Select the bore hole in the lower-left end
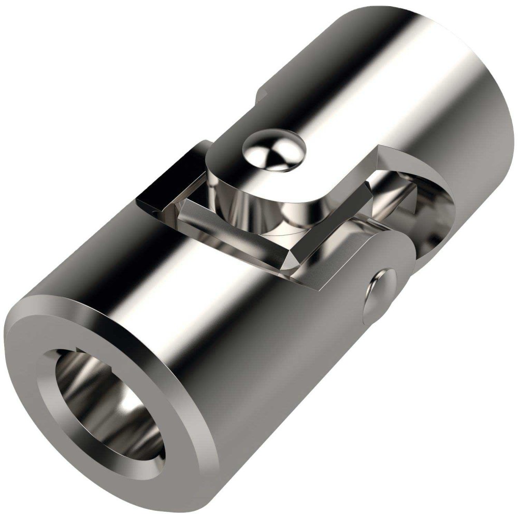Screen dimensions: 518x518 (109, 409)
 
